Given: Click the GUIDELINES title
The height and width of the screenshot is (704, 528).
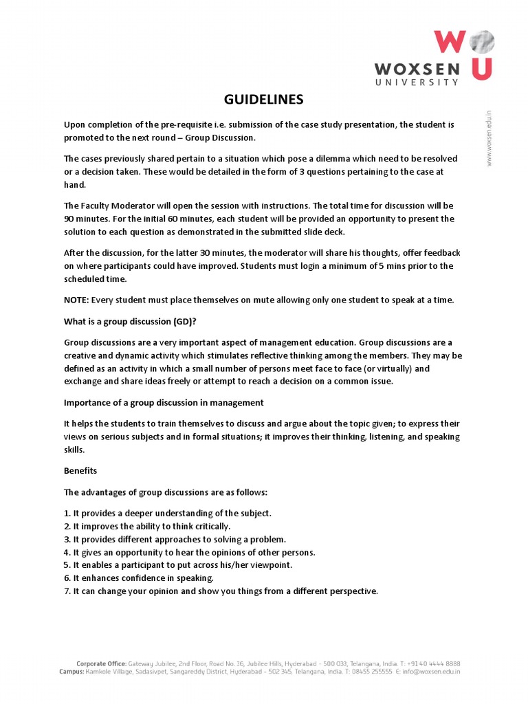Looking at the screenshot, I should (x=264, y=100).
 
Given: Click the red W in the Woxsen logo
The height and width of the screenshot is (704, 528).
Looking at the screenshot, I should (x=450, y=42).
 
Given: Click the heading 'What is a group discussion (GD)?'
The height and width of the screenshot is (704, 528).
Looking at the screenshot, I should (x=125, y=321).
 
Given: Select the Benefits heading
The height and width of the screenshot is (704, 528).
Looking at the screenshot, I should (x=80, y=471).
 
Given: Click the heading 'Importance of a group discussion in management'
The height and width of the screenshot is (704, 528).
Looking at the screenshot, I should (x=164, y=402).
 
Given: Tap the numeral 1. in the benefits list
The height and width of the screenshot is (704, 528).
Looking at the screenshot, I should (x=67, y=514).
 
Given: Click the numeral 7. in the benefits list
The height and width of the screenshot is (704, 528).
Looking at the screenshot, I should (x=67, y=591).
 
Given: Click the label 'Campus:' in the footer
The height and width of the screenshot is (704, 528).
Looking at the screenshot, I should (x=71, y=672).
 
